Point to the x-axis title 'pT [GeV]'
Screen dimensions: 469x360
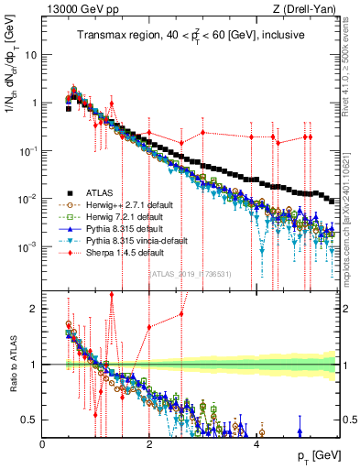pyautogui.click(x=314, y=455)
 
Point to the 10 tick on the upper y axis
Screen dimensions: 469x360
pyautogui.click(x=29, y=54)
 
